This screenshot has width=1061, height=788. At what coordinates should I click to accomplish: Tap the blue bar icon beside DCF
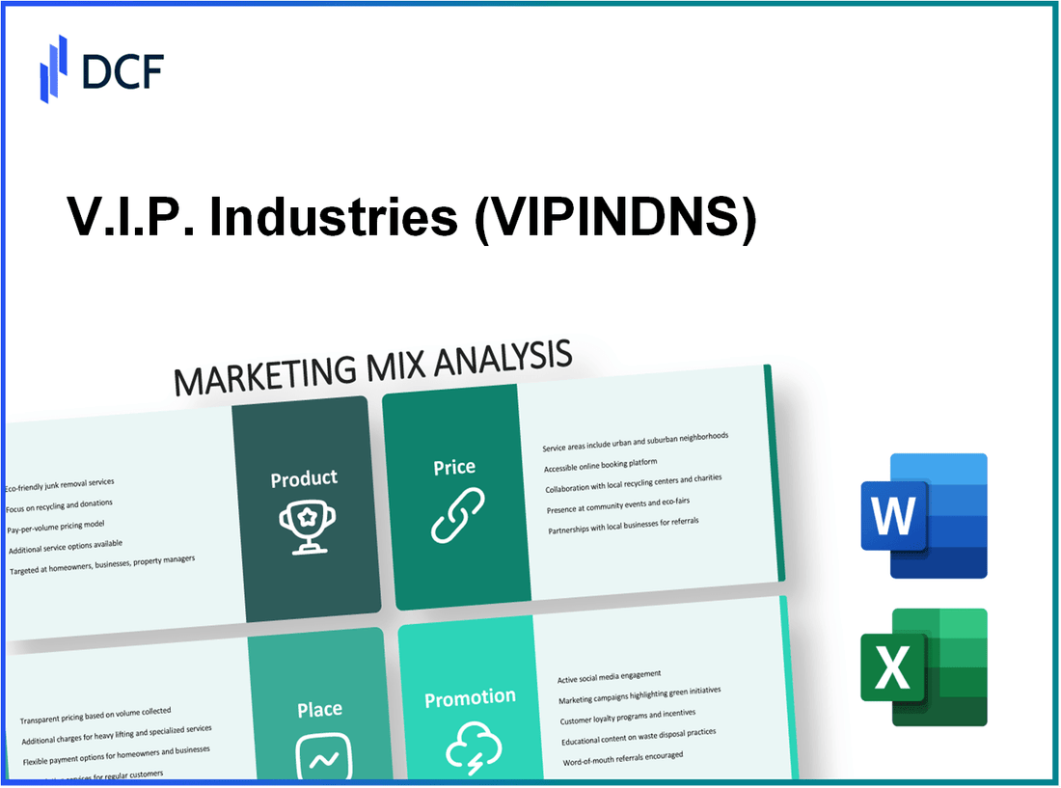point(53,68)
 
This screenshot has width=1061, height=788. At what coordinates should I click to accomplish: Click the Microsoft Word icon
point(924,515)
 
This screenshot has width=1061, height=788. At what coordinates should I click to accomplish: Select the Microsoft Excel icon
point(924,666)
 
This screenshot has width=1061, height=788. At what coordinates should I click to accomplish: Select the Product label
point(304,478)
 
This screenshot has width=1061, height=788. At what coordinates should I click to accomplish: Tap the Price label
point(453,467)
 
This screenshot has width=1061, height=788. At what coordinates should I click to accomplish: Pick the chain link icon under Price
point(457,515)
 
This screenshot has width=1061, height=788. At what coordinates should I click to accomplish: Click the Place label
point(319,710)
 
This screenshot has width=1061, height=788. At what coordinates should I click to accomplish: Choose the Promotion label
point(470,697)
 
